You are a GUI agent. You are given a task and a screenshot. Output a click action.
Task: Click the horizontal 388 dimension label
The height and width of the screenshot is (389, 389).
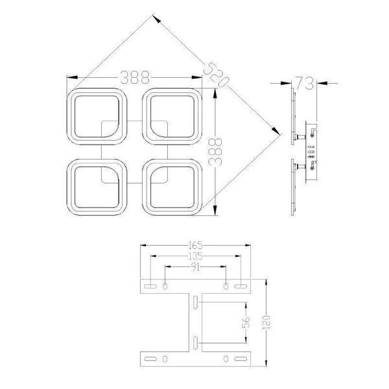click(135, 77)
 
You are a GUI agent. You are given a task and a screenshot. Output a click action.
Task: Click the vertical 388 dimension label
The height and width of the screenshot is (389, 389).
click(215, 152)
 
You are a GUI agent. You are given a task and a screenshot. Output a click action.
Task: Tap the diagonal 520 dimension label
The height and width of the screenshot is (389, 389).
click(216, 75)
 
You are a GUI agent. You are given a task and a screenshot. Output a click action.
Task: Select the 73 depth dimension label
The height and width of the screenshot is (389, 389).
click(305, 83)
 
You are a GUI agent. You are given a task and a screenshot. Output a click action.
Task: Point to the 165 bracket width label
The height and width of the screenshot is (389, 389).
click(196, 245)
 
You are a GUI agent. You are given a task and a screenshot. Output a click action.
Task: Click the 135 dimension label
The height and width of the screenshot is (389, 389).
click(196, 256)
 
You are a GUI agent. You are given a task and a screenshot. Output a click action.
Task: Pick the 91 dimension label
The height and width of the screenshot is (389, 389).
click(196, 267)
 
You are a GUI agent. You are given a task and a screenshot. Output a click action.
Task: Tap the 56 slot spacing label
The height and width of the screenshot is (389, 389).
click(246, 322)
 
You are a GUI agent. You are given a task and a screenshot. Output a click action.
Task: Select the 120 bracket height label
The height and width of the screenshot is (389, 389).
click(266, 322)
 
